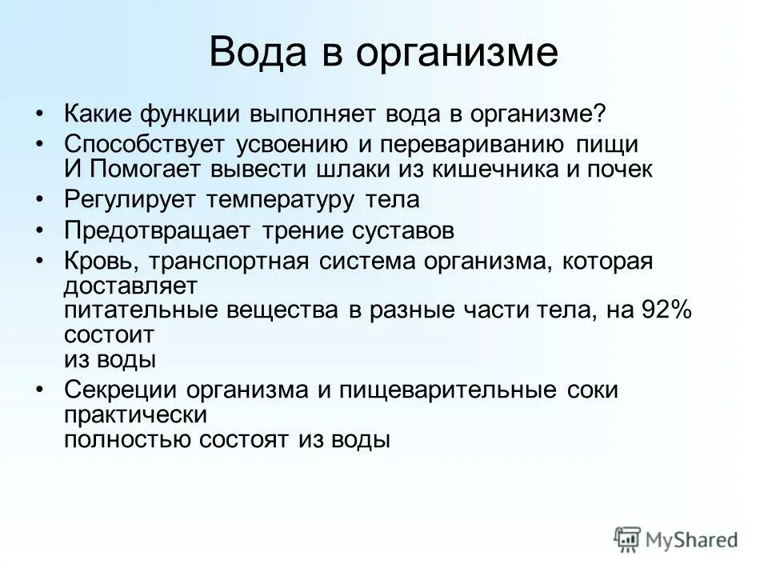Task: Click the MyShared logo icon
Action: click(628, 538)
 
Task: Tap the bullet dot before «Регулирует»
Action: click(41, 199)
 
